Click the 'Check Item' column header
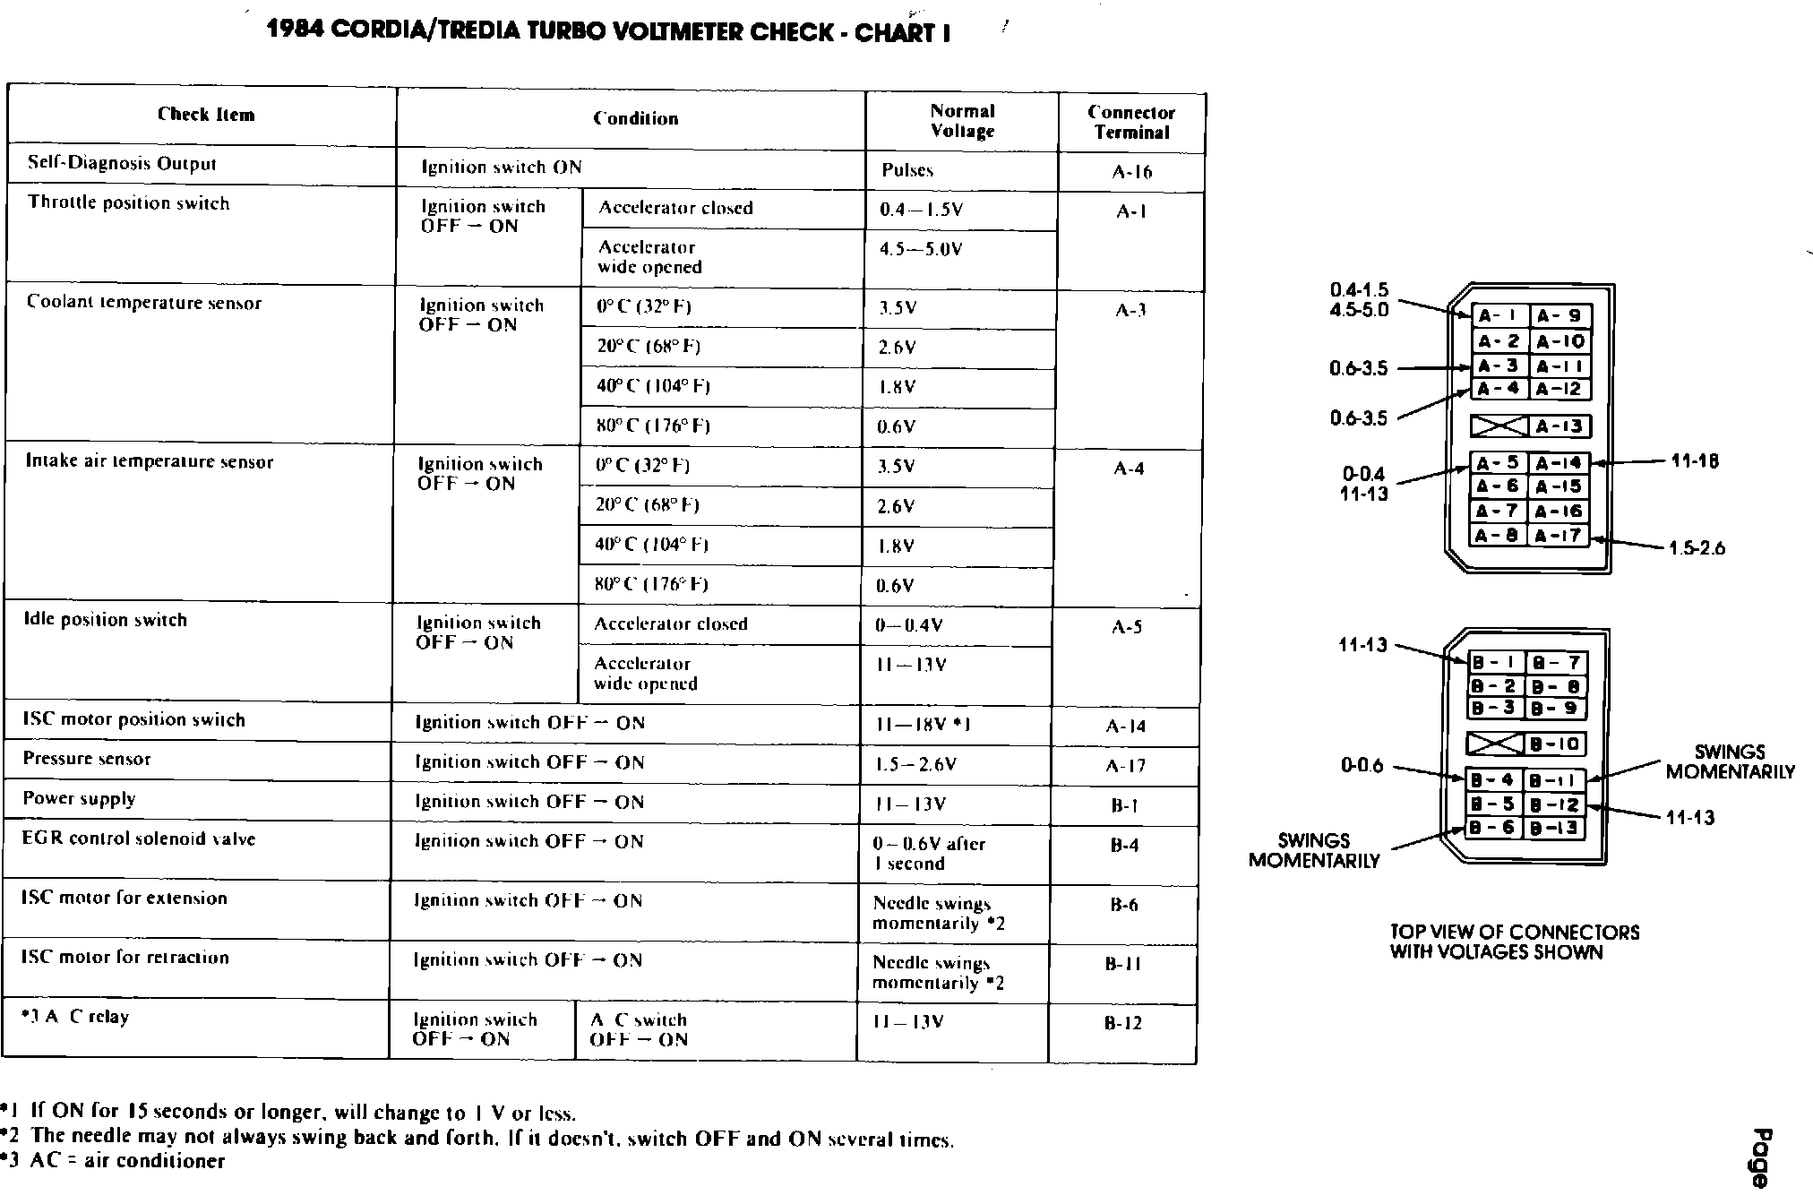206,115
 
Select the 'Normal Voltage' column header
962,121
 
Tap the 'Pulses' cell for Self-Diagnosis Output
907,170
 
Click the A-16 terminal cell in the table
1131,172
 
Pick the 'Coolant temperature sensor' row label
144,303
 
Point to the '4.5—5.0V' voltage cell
921,249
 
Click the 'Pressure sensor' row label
87,759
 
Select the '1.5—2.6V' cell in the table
915,765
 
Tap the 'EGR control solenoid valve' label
139,839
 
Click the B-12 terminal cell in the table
1123,1023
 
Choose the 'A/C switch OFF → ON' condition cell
639,1029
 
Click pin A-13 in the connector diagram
1560,426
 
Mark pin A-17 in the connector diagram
1560,536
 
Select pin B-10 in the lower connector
1554,744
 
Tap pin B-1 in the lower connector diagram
1495,663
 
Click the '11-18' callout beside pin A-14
1695,462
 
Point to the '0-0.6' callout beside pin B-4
1362,766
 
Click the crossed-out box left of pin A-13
1499,426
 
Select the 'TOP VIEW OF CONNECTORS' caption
1515,933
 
